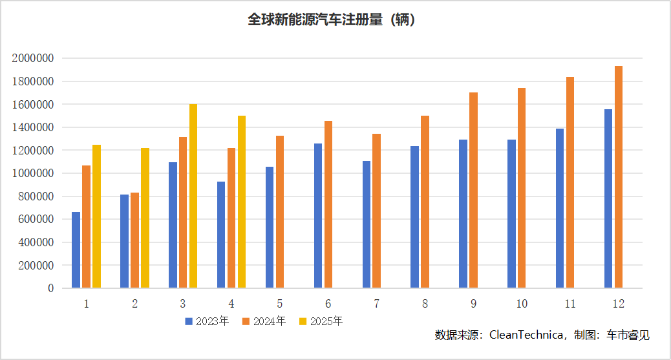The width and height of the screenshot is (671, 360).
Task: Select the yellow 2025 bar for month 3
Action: (193, 196)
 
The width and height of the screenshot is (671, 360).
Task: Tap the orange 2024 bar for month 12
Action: (619, 177)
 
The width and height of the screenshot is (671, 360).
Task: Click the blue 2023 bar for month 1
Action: (76, 250)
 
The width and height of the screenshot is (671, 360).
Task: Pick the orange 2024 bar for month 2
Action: (134, 240)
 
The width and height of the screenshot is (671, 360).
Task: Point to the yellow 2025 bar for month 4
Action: (242, 202)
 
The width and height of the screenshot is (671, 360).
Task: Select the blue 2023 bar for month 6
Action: (318, 216)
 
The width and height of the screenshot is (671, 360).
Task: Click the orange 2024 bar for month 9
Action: (473, 190)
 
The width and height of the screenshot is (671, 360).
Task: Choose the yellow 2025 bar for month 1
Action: (96, 217)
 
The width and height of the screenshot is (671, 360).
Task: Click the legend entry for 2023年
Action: (207, 321)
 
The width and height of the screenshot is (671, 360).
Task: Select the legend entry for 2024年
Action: (264, 321)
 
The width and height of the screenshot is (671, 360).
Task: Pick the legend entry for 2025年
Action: (321, 321)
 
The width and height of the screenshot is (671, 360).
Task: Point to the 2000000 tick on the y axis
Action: (32, 58)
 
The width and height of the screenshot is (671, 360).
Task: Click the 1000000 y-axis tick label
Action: (32, 173)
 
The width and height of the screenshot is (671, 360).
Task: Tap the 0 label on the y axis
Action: (50, 288)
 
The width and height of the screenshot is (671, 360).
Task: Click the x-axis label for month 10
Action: (522, 303)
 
